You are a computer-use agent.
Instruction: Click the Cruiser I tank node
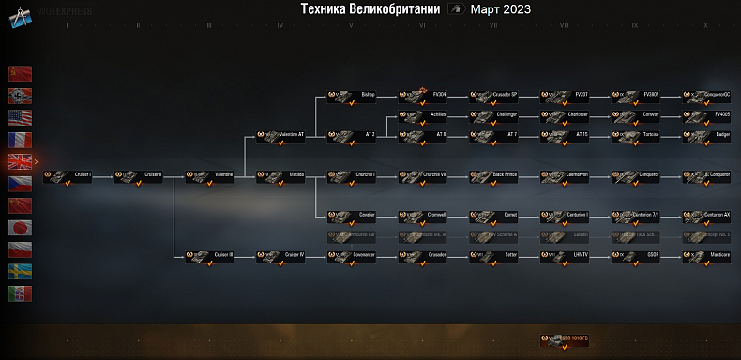pos(68,175)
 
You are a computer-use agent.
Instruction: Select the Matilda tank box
pos(281,175)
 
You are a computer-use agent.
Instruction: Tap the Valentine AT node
pos(281,135)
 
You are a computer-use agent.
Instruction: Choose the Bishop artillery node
pos(353,95)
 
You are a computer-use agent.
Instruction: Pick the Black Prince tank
pos(494,175)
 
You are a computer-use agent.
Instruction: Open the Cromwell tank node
pos(423,215)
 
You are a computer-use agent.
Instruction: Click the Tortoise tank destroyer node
pos(637,135)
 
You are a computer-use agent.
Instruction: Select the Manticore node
pos(708,255)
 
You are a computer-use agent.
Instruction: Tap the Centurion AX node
pos(708,215)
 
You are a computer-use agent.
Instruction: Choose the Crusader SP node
pos(494,95)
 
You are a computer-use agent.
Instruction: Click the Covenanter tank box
pos(353,255)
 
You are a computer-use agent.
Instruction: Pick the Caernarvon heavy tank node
pos(566,175)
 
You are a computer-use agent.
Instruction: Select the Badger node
pos(708,135)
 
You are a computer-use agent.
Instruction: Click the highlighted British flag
pos(21,161)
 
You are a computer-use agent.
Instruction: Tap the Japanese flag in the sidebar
pos(21,228)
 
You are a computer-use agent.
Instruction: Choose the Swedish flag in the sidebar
pos(21,272)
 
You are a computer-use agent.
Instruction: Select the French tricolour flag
pos(21,140)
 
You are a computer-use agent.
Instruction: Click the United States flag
pos(21,117)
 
